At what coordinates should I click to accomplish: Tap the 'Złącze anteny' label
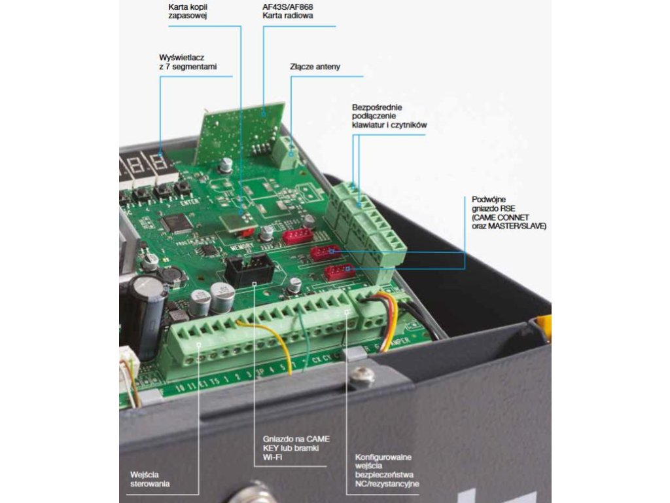click(x=315, y=67)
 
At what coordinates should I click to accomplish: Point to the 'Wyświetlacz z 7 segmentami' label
click(x=188, y=62)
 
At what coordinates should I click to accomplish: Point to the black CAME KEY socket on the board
click(x=249, y=270)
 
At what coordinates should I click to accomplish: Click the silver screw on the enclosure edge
click(x=362, y=376)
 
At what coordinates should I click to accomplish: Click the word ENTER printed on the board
click(x=188, y=203)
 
